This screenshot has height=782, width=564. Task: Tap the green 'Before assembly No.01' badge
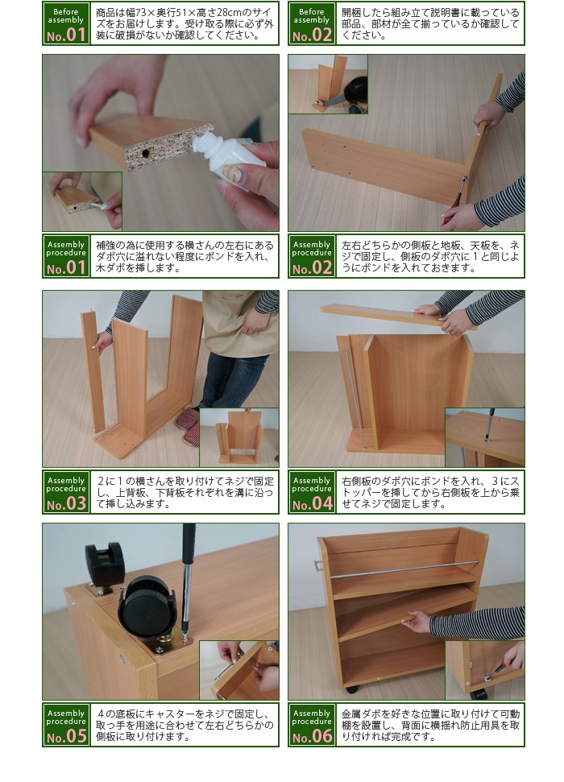click(66, 23)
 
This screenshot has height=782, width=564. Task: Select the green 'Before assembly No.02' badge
click(312, 23)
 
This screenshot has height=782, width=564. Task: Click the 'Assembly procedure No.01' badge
click(66, 256)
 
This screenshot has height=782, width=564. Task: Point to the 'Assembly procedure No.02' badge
click(312, 256)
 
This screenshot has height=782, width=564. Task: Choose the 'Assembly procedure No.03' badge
click(66, 492)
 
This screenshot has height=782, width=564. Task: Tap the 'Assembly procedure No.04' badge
click(312, 492)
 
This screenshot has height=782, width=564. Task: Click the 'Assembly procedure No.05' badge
click(66, 725)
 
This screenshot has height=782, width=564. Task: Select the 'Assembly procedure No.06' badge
click(312, 725)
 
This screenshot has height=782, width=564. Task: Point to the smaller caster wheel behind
click(104, 562)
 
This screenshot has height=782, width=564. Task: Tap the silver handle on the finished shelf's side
click(319, 566)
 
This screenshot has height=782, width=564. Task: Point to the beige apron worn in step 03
click(239, 325)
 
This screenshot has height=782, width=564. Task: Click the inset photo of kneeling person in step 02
click(328, 85)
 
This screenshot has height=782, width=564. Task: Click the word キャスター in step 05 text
click(158, 714)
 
